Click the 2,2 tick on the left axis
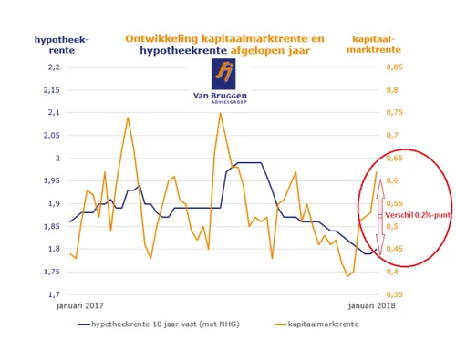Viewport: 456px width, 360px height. (x=51, y=67)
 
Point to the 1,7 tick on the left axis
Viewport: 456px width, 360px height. (x=51, y=294)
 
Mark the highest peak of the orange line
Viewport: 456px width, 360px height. (x=220, y=113)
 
